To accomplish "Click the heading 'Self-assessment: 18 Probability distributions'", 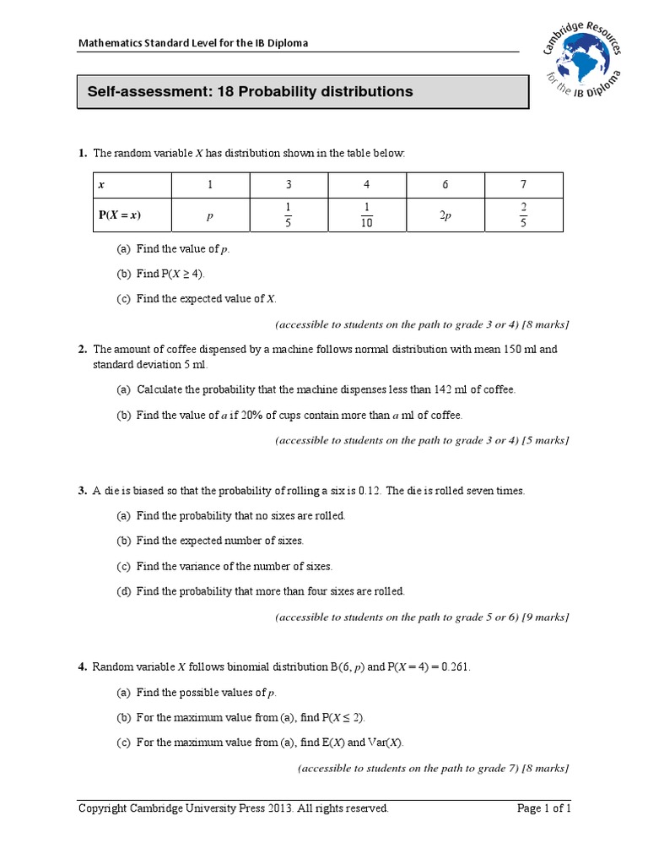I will [245, 91].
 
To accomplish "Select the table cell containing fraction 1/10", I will [366, 215].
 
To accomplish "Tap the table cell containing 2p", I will [445, 215].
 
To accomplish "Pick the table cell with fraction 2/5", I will [523, 215].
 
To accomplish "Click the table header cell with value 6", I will [445, 185].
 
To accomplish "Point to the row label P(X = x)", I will [120, 215].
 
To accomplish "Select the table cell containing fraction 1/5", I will [288, 215].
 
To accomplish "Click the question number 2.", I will [83, 349].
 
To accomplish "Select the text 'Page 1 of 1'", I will [543, 808].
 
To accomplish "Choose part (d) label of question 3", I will [125, 591].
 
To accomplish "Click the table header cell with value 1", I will [210, 185].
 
